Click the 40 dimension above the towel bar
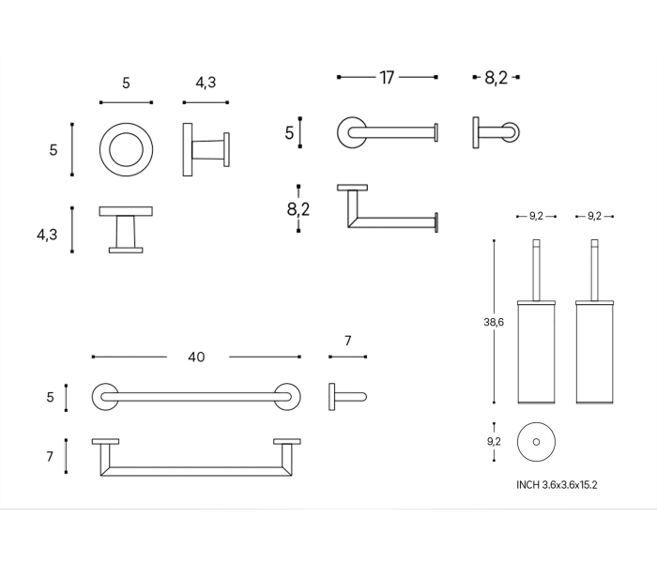point(196,357)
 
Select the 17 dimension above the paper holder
point(387,78)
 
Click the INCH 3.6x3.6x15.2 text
point(557,485)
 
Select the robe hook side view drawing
point(205,149)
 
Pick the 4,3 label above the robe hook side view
point(206,83)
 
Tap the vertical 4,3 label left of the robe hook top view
point(48,235)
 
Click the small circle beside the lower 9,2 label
point(536,440)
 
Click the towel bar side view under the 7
point(345,396)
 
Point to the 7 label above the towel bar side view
point(347,341)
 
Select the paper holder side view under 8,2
point(496,131)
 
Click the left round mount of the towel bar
point(105,396)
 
